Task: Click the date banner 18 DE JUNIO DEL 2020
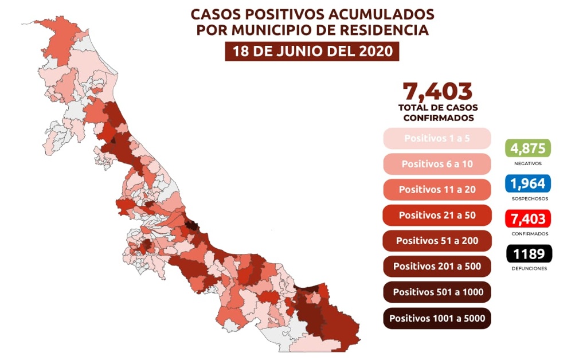(x=312, y=51)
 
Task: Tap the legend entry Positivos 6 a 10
(x=437, y=164)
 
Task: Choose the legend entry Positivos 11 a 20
(x=437, y=189)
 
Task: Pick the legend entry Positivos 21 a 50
(x=437, y=215)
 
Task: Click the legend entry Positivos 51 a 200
(x=437, y=241)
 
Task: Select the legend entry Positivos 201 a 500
(x=437, y=267)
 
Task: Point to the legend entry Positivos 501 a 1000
(x=437, y=292)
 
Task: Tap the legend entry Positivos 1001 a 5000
(x=437, y=318)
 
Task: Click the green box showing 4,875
(x=528, y=148)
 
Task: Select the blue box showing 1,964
(x=528, y=183)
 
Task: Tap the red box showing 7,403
(x=528, y=218)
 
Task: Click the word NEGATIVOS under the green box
(x=528, y=163)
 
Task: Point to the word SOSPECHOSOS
(x=528, y=199)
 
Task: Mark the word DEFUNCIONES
(x=528, y=268)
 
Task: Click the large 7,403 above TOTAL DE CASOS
(x=437, y=92)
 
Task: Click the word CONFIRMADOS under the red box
(x=528, y=234)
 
